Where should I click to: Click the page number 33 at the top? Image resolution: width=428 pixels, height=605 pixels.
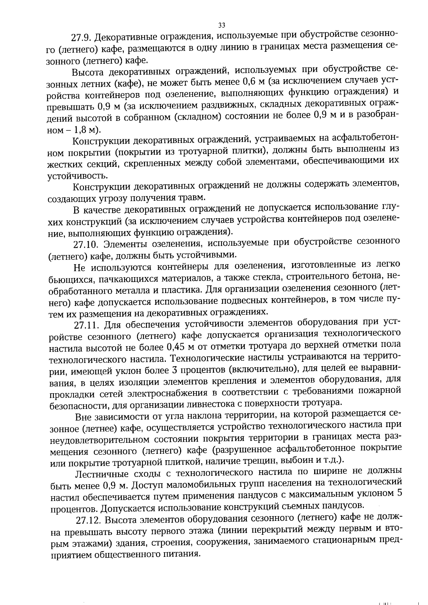[x=221, y=25]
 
